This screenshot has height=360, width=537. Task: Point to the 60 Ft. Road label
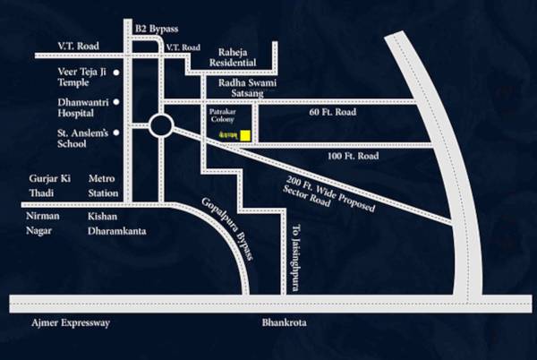pyautogui.click(x=334, y=114)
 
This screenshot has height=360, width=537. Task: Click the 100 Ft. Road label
pyautogui.click(x=354, y=157)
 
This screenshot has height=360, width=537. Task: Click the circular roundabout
pyautogui.click(x=161, y=125)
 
